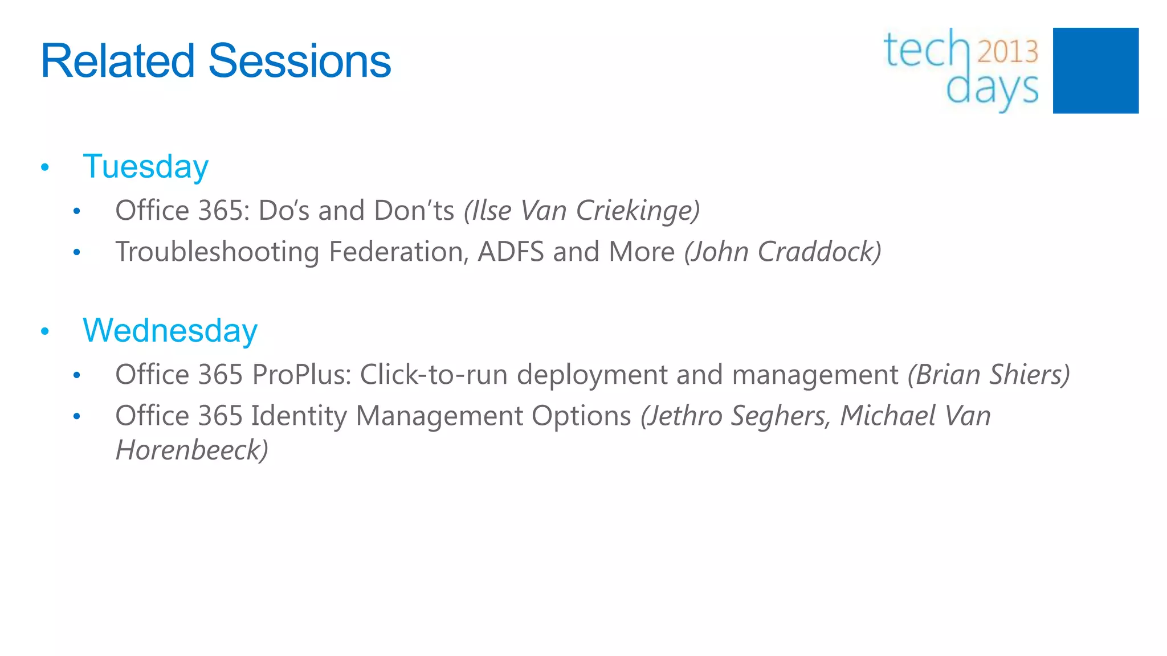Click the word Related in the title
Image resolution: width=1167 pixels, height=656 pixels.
click(x=117, y=61)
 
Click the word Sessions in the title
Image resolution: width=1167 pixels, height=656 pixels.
click(x=300, y=61)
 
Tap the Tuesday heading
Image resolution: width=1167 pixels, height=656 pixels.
click(x=146, y=167)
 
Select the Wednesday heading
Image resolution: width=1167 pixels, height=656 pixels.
click(x=170, y=331)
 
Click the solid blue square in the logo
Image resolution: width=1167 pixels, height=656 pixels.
click(x=1095, y=71)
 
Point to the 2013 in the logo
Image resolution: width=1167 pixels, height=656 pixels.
click(x=1008, y=52)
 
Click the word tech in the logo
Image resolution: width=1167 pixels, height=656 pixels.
click(x=927, y=50)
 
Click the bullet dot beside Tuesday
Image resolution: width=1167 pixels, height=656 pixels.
click(x=45, y=168)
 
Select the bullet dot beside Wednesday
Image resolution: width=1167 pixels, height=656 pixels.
click(x=45, y=331)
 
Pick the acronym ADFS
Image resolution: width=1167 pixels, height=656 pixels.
click(x=511, y=252)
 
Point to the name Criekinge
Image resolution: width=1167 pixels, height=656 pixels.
click(x=636, y=211)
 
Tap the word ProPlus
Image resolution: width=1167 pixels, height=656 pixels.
click(x=301, y=375)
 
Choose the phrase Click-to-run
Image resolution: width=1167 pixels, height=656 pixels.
click(x=434, y=375)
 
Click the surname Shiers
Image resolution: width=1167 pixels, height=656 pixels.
click(x=1029, y=375)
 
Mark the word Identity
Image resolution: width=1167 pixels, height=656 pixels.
click(x=299, y=416)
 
